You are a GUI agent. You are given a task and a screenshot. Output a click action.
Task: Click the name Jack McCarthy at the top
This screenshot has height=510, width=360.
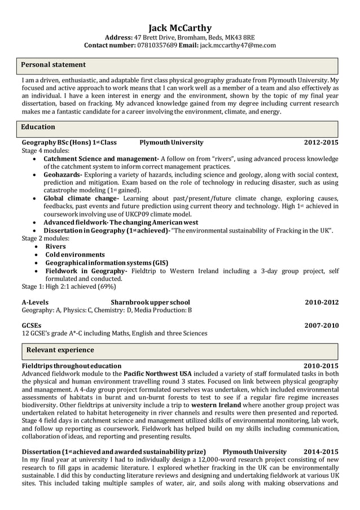(x=180, y=27)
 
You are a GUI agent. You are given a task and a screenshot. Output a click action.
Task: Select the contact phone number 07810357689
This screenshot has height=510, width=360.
(x=157, y=45)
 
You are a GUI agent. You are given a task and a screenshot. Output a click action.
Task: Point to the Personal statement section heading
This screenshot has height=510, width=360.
(x=53, y=65)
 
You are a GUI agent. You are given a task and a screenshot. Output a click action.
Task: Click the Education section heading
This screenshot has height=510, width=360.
(x=38, y=128)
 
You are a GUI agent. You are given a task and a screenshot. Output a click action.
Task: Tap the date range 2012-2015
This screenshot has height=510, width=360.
(x=321, y=142)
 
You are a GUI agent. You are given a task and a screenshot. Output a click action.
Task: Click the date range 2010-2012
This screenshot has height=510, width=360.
(x=321, y=302)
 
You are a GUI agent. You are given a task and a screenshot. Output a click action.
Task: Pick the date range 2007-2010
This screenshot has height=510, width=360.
(x=321, y=326)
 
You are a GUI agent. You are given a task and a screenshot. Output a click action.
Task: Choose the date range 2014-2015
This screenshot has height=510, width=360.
(x=321, y=452)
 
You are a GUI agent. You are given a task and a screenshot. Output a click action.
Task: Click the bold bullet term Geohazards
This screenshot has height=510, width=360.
(x=63, y=175)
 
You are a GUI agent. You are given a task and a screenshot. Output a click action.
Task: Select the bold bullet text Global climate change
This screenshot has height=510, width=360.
(x=81, y=199)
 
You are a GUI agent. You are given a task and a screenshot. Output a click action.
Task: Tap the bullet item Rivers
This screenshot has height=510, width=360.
(x=55, y=247)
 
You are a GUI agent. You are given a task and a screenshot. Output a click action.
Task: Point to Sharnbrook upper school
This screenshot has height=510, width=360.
(x=150, y=302)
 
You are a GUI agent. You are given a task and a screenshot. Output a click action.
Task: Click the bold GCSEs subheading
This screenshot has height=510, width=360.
(x=31, y=326)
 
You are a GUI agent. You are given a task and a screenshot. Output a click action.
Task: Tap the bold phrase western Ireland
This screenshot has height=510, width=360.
(x=216, y=405)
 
